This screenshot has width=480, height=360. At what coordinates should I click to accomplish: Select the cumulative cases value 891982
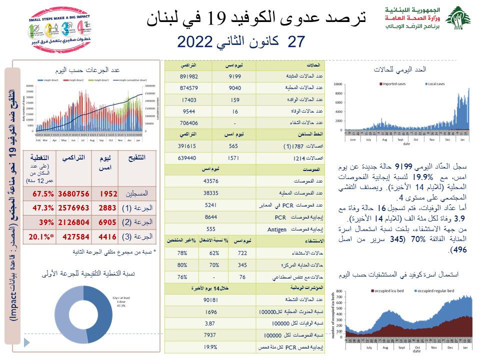click(188, 76)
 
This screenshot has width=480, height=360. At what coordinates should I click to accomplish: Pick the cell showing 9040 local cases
click(234, 88)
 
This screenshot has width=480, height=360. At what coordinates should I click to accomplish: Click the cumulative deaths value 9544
click(188, 111)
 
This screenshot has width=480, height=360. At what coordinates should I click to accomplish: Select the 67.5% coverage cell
click(42, 193)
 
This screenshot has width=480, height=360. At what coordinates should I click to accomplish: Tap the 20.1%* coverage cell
click(41, 236)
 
